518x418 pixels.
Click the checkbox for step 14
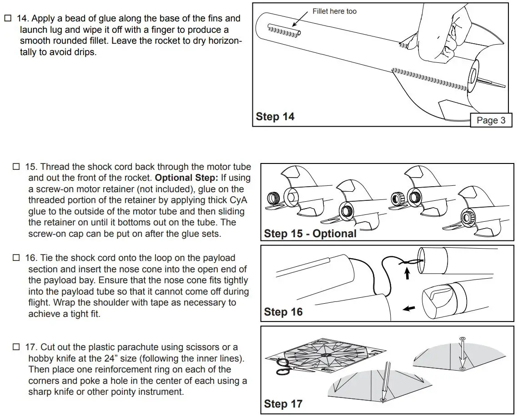7,19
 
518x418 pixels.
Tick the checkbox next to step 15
16,167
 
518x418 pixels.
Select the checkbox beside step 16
16,258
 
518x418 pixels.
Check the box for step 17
16,347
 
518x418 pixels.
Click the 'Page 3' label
491,120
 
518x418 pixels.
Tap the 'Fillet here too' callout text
334,11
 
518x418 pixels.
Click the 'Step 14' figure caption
275,117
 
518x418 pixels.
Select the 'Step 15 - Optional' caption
310,234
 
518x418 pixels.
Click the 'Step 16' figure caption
283,312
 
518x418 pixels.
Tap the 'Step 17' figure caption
283,404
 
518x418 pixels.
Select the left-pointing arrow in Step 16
409,308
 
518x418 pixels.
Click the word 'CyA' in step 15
236,200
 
